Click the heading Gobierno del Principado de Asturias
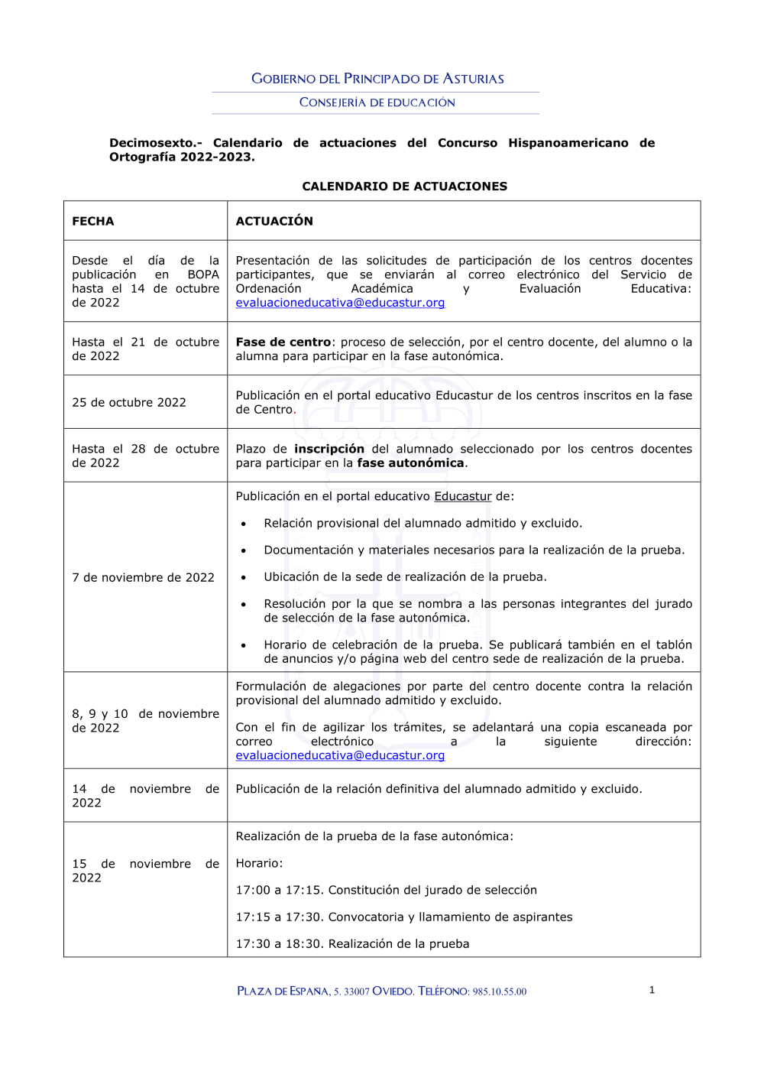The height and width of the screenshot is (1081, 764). [377, 79]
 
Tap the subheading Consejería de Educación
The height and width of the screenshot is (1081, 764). [377, 102]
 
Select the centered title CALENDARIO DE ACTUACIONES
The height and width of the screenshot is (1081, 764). [404, 187]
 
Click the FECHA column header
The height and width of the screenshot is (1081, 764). [93, 222]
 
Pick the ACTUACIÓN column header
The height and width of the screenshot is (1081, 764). [274, 222]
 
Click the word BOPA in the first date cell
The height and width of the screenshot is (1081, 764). [203, 274]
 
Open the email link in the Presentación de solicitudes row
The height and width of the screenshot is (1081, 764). [340, 303]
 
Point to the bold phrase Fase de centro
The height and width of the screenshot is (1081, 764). [283, 342]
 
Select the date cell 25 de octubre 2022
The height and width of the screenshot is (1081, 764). [129, 403]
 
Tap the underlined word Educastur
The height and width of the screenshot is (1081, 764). [462, 497]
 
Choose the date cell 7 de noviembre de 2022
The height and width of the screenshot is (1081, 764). [144, 578]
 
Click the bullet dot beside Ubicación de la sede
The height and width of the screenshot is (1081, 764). [244, 578]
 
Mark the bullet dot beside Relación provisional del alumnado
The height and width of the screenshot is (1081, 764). [244, 524]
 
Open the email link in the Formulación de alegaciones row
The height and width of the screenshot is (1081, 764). [340, 755]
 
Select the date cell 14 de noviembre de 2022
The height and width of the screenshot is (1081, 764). [145, 796]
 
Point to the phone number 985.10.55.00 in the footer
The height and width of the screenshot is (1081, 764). [499, 992]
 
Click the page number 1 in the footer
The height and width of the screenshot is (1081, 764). [652, 990]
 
